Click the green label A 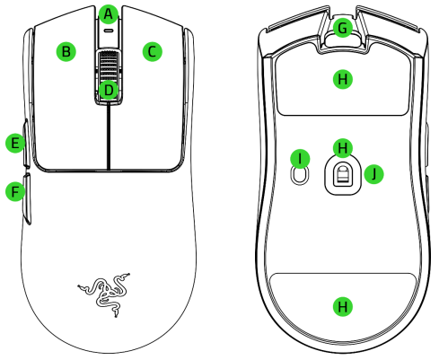(109, 13)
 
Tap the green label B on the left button (65, 51)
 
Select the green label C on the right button (153, 51)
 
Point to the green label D (109, 90)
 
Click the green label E (13, 143)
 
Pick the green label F (13, 191)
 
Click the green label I (301, 158)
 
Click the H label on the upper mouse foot (340, 80)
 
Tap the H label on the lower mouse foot (340, 307)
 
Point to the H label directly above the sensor (340, 145)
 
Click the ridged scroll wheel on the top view (109, 67)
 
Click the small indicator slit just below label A (109, 30)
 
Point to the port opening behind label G (340, 40)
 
